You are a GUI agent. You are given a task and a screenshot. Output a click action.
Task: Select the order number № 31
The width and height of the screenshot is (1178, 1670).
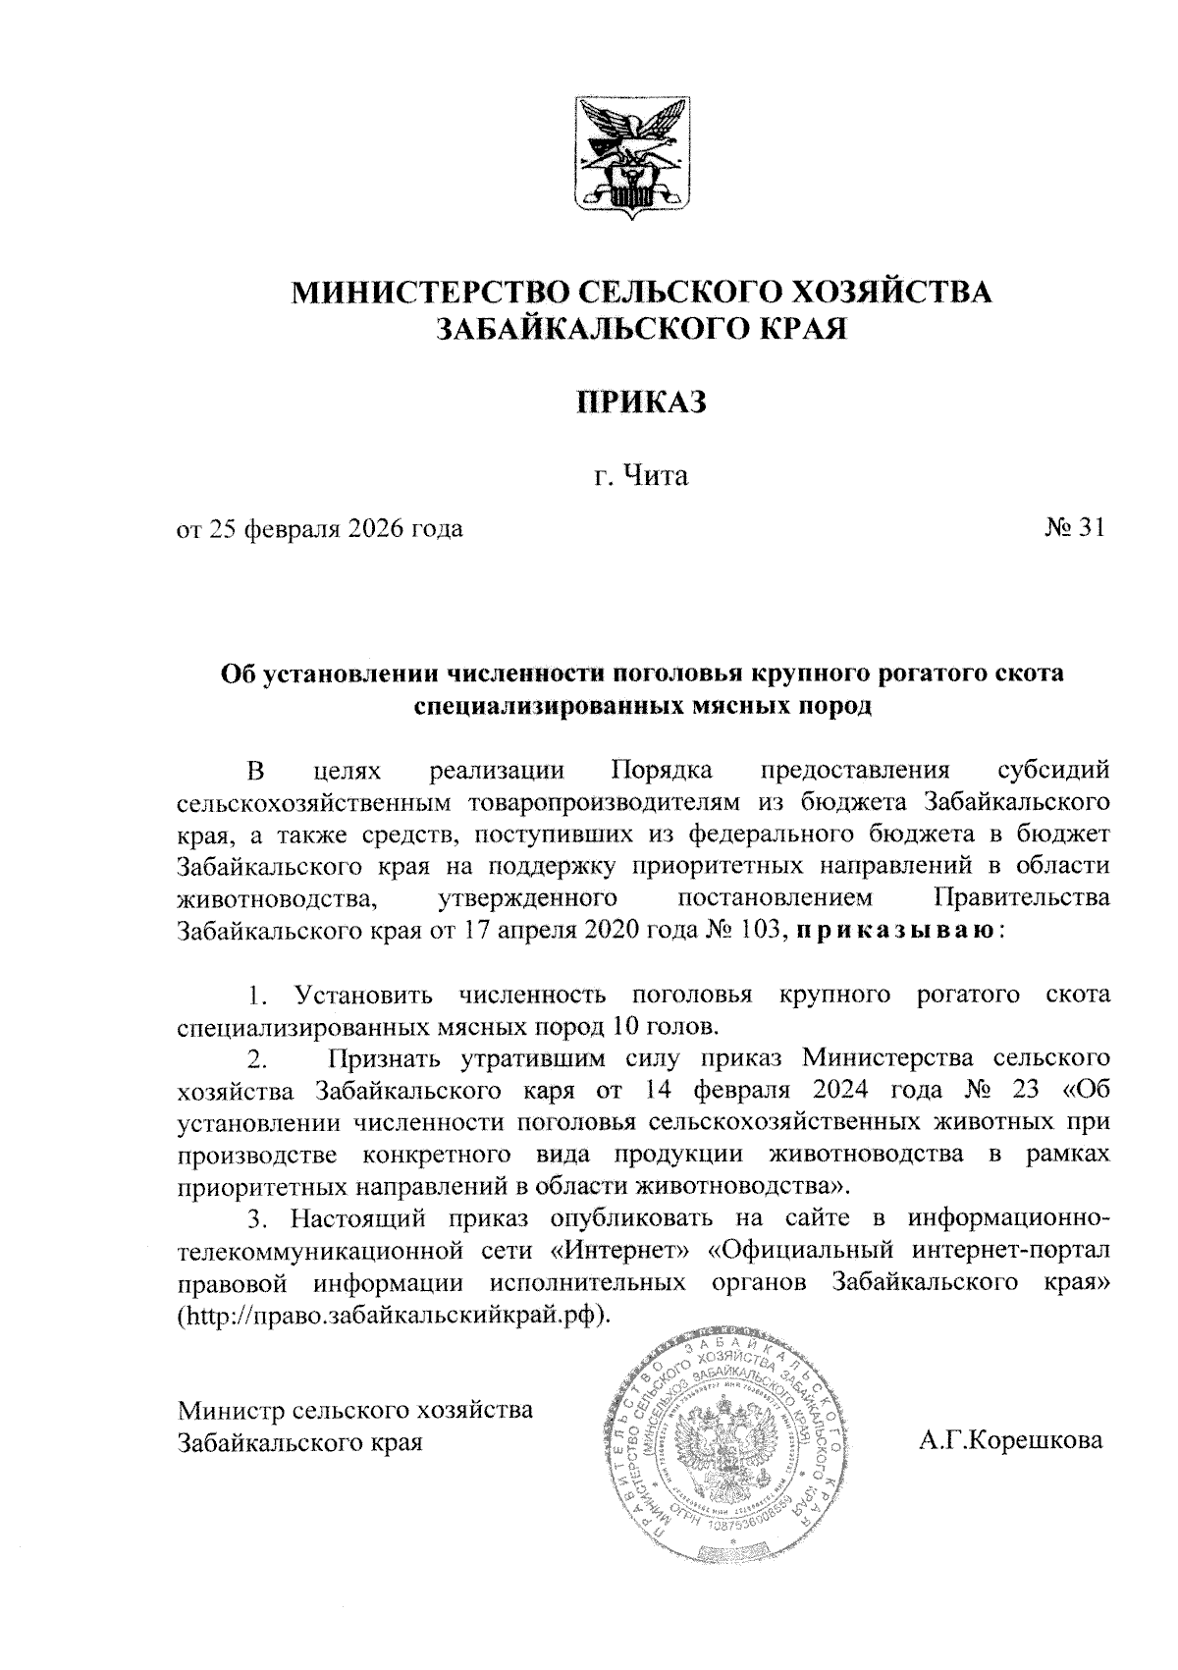tap(1075, 529)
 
